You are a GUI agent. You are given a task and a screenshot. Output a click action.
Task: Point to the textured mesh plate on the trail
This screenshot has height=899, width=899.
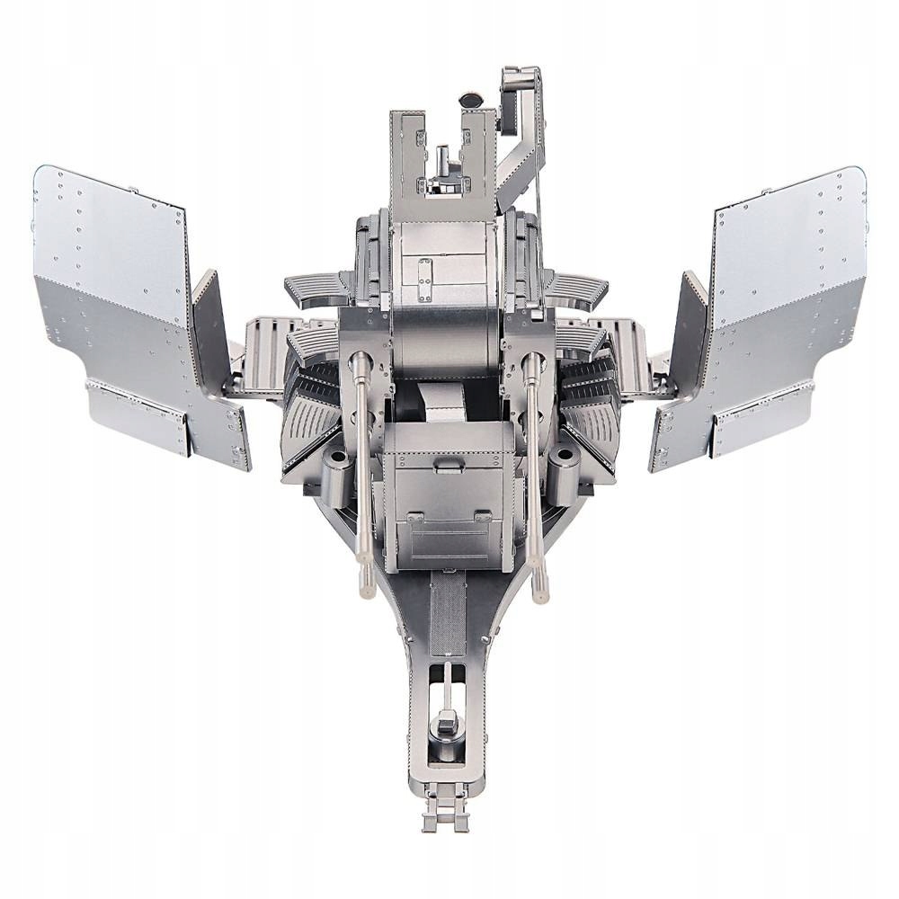click(x=447, y=616)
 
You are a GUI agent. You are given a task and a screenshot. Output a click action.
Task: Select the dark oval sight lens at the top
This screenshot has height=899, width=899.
click(x=471, y=100)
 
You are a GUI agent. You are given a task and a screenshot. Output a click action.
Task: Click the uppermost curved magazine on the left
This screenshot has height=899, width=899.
click(x=317, y=288)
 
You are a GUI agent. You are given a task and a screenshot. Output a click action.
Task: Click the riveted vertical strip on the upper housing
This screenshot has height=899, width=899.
click(x=422, y=271)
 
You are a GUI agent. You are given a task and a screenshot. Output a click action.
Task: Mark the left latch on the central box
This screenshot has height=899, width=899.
click(x=416, y=519)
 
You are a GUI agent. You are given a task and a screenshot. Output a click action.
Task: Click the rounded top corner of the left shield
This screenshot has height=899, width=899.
click(x=44, y=174)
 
